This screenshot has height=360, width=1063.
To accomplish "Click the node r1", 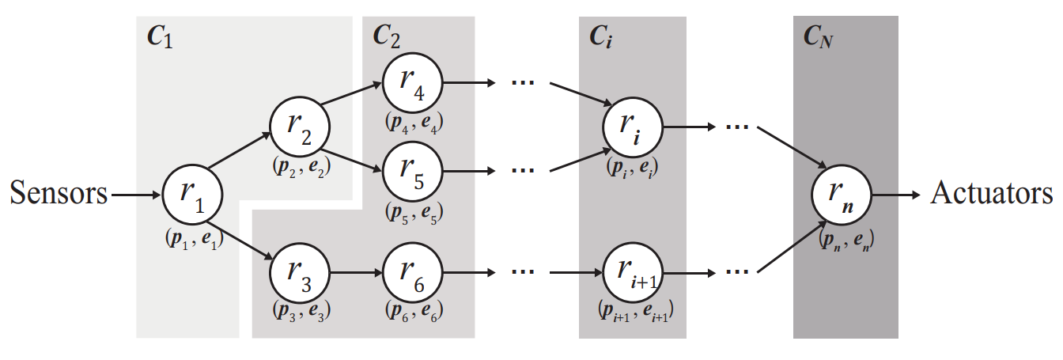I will tap(192, 195).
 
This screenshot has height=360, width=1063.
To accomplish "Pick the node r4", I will tap(412, 81).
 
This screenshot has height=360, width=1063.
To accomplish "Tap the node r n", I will tap(842, 195).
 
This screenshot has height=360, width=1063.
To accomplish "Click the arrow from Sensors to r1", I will tap(136, 195).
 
